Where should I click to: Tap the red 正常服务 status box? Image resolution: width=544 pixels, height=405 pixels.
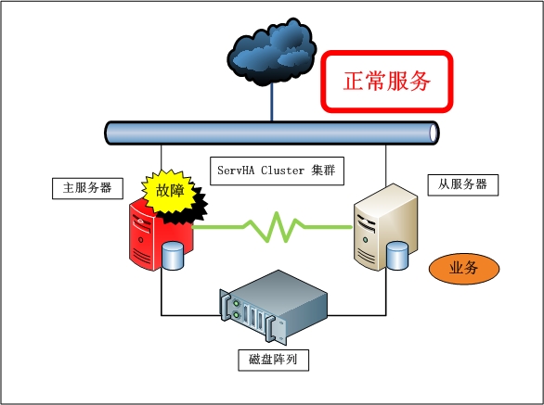pyautogui.click(x=387, y=82)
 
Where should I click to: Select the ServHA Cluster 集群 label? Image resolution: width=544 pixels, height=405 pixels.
pyautogui.click(x=277, y=171)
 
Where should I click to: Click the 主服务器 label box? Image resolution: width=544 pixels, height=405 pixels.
pyautogui.click(x=87, y=188)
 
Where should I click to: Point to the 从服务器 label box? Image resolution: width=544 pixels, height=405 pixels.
pyautogui.click(x=463, y=185)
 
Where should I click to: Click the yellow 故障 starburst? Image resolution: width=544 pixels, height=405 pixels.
pyautogui.click(x=169, y=191)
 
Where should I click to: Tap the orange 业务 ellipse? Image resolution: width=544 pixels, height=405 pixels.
pyautogui.click(x=464, y=269)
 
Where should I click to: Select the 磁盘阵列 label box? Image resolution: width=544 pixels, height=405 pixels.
pyautogui.click(x=273, y=360)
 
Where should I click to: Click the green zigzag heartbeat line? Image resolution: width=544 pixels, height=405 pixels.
pyautogui.click(x=272, y=227)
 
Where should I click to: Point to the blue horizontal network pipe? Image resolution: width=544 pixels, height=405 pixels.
pyautogui.click(x=272, y=133)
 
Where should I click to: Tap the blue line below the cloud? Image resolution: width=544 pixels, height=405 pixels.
pyautogui.click(x=272, y=102)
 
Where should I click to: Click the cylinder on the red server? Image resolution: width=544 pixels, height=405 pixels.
pyautogui.click(x=173, y=256)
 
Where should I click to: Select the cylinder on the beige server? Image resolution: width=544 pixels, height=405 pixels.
pyautogui.click(x=397, y=256)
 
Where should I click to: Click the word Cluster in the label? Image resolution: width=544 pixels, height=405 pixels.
pyautogui.click(x=282, y=171)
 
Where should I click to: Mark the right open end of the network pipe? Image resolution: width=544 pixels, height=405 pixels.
pyautogui.click(x=434, y=133)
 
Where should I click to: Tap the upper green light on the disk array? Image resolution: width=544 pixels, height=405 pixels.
pyautogui.click(x=237, y=303)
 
